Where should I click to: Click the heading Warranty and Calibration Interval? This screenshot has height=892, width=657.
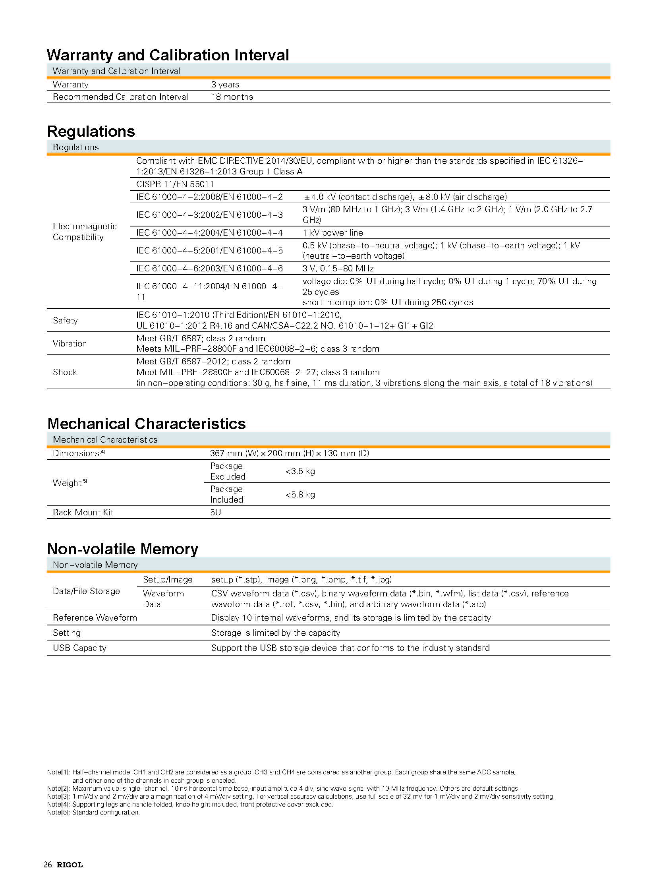click(x=168, y=55)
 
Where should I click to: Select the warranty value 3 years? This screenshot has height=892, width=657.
click(x=225, y=84)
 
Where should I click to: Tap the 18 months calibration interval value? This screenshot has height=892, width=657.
click(x=232, y=97)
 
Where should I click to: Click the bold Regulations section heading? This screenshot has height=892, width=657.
click(x=91, y=131)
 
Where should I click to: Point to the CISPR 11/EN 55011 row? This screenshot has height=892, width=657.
click(x=175, y=184)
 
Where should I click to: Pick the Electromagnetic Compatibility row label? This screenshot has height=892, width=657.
click(x=85, y=232)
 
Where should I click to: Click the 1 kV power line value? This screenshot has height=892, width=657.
click(x=332, y=233)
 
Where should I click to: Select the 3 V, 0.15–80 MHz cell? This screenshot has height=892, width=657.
click(x=338, y=269)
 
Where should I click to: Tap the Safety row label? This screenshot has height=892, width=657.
click(x=65, y=320)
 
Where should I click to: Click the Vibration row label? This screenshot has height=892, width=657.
click(x=70, y=343)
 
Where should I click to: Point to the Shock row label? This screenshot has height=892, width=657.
click(x=65, y=372)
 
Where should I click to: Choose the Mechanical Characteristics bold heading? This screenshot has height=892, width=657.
click(x=146, y=424)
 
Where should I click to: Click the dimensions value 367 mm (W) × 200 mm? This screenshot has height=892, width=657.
click(x=289, y=453)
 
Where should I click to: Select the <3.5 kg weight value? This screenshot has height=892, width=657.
click(x=300, y=472)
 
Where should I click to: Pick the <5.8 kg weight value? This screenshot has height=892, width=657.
click(x=300, y=495)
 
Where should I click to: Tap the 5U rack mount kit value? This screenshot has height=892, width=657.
click(x=215, y=513)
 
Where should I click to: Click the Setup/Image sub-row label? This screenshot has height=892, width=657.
click(x=168, y=580)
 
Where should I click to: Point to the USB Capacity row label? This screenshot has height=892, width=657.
click(x=79, y=648)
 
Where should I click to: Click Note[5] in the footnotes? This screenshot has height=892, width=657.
click(x=58, y=813)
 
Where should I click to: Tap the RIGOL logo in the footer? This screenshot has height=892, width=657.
click(x=70, y=865)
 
